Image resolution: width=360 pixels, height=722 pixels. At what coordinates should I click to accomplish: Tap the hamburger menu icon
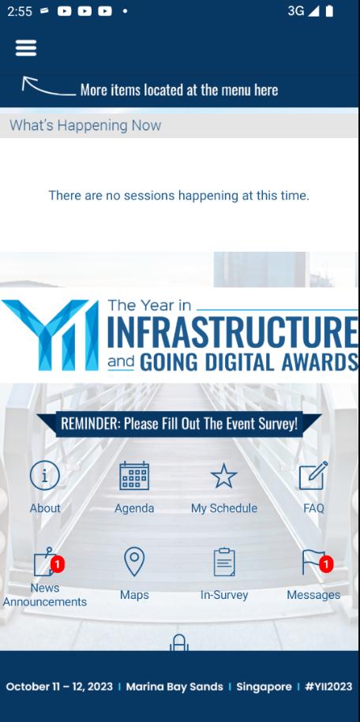click(26, 48)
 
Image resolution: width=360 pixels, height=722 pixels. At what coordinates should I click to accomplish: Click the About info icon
click(45, 476)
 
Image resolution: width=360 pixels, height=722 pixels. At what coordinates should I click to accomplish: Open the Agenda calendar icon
click(134, 476)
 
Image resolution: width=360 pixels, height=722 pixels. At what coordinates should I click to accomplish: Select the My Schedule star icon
click(224, 476)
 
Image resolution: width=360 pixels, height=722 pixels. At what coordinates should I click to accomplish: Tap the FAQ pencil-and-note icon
click(313, 476)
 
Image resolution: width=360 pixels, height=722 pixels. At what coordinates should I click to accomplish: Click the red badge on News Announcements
click(57, 564)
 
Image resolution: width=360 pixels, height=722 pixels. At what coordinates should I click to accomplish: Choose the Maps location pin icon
click(134, 562)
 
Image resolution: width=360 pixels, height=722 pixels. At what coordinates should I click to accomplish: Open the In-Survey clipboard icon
click(224, 562)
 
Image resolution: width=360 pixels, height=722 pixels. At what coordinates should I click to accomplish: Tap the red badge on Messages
click(326, 564)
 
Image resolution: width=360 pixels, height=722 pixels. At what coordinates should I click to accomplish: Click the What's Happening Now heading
click(85, 125)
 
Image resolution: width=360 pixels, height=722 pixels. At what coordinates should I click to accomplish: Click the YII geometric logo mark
click(50, 335)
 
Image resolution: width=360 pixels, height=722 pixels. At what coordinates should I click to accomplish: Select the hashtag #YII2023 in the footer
click(328, 686)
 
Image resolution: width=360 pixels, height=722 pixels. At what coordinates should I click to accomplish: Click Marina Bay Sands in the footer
click(174, 686)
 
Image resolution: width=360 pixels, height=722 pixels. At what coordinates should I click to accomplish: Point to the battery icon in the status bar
click(329, 11)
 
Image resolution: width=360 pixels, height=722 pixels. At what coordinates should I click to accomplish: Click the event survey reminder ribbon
click(179, 424)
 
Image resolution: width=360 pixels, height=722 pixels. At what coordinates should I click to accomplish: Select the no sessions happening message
click(179, 196)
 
